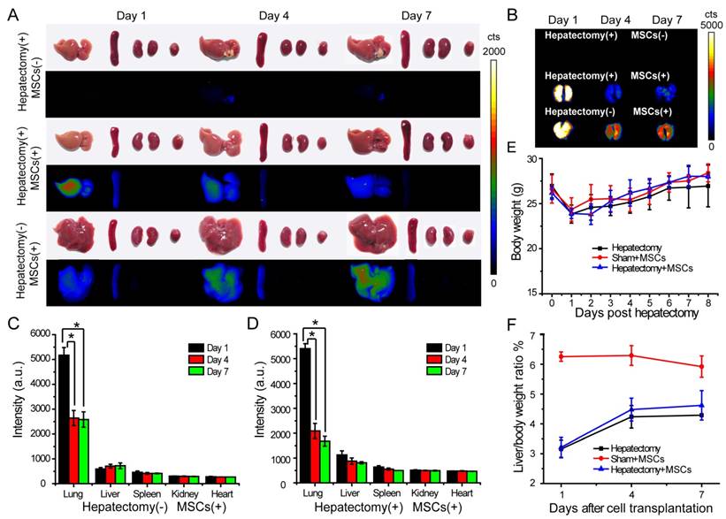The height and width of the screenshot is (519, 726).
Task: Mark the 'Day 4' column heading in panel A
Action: (275, 15)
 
